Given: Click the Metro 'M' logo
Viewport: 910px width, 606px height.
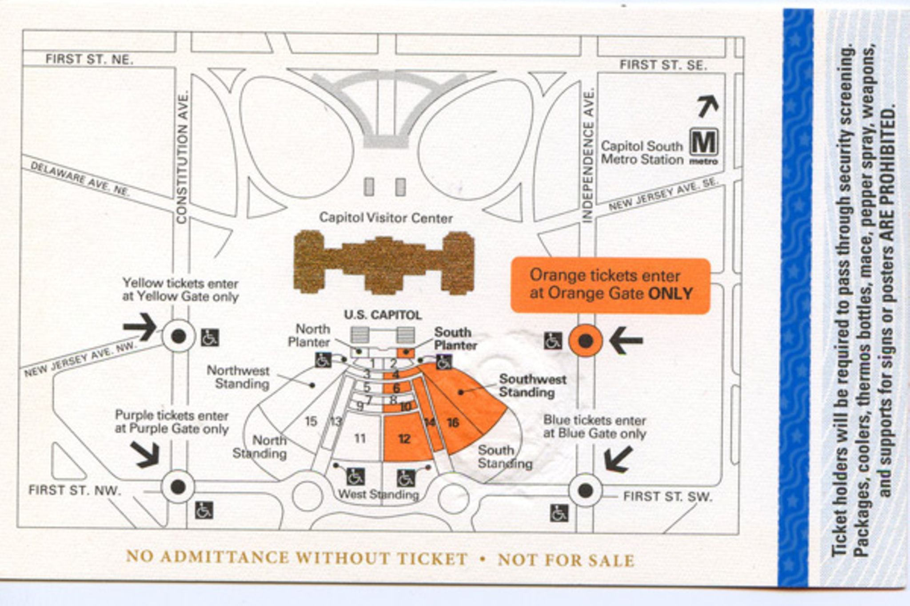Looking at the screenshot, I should [704, 143].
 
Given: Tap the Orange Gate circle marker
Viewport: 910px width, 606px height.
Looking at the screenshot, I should [586, 341].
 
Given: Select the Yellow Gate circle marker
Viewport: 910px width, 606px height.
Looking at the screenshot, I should [178, 337].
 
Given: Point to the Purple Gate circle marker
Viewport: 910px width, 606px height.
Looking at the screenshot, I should [178, 487].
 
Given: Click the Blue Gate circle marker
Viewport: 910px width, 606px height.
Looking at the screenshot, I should [585, 490].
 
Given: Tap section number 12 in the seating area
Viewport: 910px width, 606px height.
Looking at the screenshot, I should [404, 439].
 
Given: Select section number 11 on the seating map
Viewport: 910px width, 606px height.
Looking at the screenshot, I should [360, 439].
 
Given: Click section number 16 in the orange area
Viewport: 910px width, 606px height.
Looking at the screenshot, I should [453, 422].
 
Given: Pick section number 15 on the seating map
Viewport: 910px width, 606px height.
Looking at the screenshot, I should [311, 421].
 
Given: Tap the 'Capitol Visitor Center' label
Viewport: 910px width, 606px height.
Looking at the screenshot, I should [386, 218].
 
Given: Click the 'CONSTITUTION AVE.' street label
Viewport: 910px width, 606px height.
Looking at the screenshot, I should [182, 158].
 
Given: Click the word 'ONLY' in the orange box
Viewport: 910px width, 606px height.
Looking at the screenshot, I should [671, 293].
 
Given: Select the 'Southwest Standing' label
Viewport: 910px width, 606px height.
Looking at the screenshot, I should [532, 386].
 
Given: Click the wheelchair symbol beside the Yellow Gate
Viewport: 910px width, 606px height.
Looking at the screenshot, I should [210, 337].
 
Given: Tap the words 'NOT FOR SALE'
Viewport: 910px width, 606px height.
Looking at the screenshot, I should [566, 560].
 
